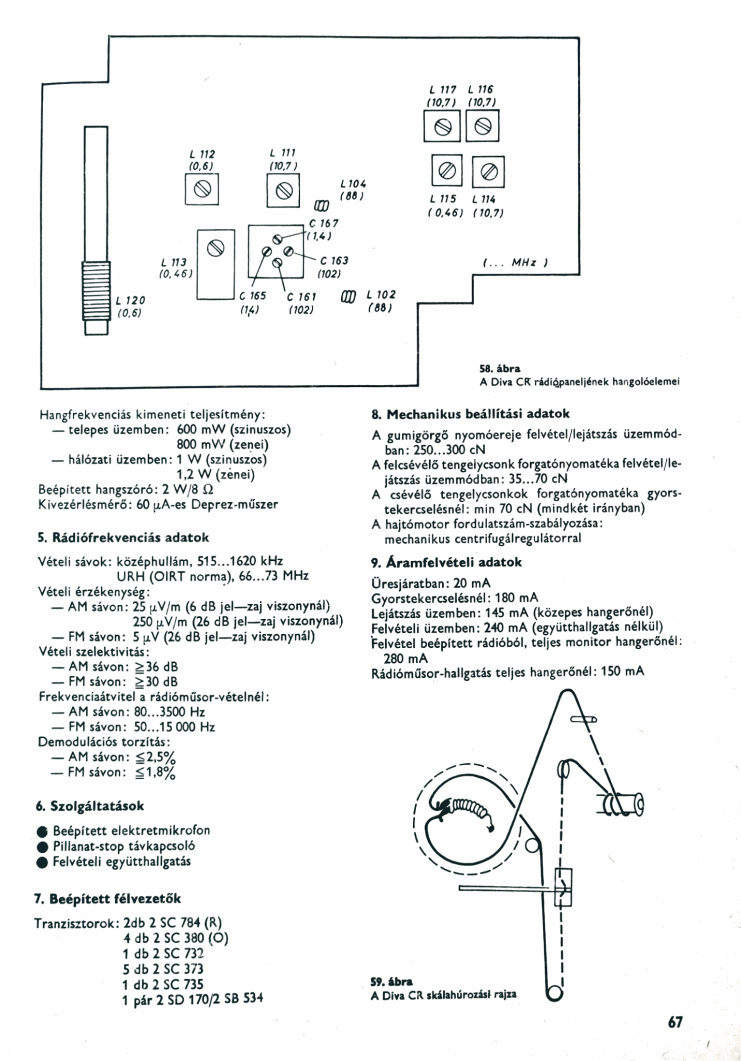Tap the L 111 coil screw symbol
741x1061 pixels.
click(284, 190)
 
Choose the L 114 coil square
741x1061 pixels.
click(488, 172)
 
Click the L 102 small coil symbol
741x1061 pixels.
click(349, 296)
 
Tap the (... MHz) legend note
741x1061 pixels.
click(516, 263)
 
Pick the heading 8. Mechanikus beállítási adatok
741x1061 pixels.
click(471, 414)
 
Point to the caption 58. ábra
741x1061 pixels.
click(493, 369)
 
